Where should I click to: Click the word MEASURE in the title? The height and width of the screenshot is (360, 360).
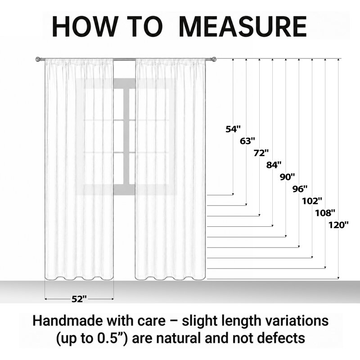243,27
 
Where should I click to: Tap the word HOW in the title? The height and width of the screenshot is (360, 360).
85,27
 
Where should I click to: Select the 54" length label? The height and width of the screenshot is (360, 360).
233,129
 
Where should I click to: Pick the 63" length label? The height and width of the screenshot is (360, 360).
247,141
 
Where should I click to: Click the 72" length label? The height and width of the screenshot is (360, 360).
261,153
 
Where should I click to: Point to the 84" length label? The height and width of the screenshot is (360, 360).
274,165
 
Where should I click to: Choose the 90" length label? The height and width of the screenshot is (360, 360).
288,177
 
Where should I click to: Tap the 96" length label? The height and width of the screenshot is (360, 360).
300,189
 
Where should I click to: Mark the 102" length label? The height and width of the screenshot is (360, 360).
312,201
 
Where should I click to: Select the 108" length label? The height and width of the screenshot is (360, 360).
325,213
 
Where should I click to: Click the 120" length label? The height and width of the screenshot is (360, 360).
339,225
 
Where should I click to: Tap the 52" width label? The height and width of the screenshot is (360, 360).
79,299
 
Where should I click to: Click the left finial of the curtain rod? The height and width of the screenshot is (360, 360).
38,59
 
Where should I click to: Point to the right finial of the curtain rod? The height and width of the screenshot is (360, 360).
214,59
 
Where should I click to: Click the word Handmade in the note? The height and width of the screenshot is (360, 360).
68,321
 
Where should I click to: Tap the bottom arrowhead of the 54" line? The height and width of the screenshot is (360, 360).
233,194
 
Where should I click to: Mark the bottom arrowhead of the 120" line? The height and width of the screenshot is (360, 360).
338,278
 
